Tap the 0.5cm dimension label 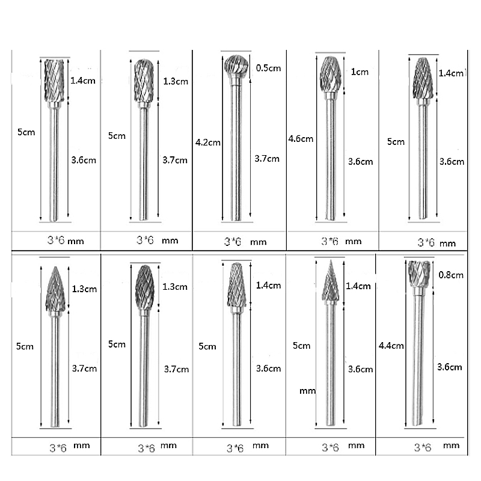(x=268, y=68)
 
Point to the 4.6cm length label (x=301, y=139)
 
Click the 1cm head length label (x=360, y=72)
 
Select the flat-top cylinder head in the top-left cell (x=54, y=79)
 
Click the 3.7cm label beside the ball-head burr (x=267, y=159)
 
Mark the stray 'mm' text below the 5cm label (x=307, y=391)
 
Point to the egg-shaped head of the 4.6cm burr (x=329, y=74)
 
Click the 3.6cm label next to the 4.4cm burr (x=450, y=367)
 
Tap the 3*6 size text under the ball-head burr (x=233, y=242)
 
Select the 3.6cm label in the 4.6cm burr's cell (x=361, y=161)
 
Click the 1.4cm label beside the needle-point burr (x=360, y=286)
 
